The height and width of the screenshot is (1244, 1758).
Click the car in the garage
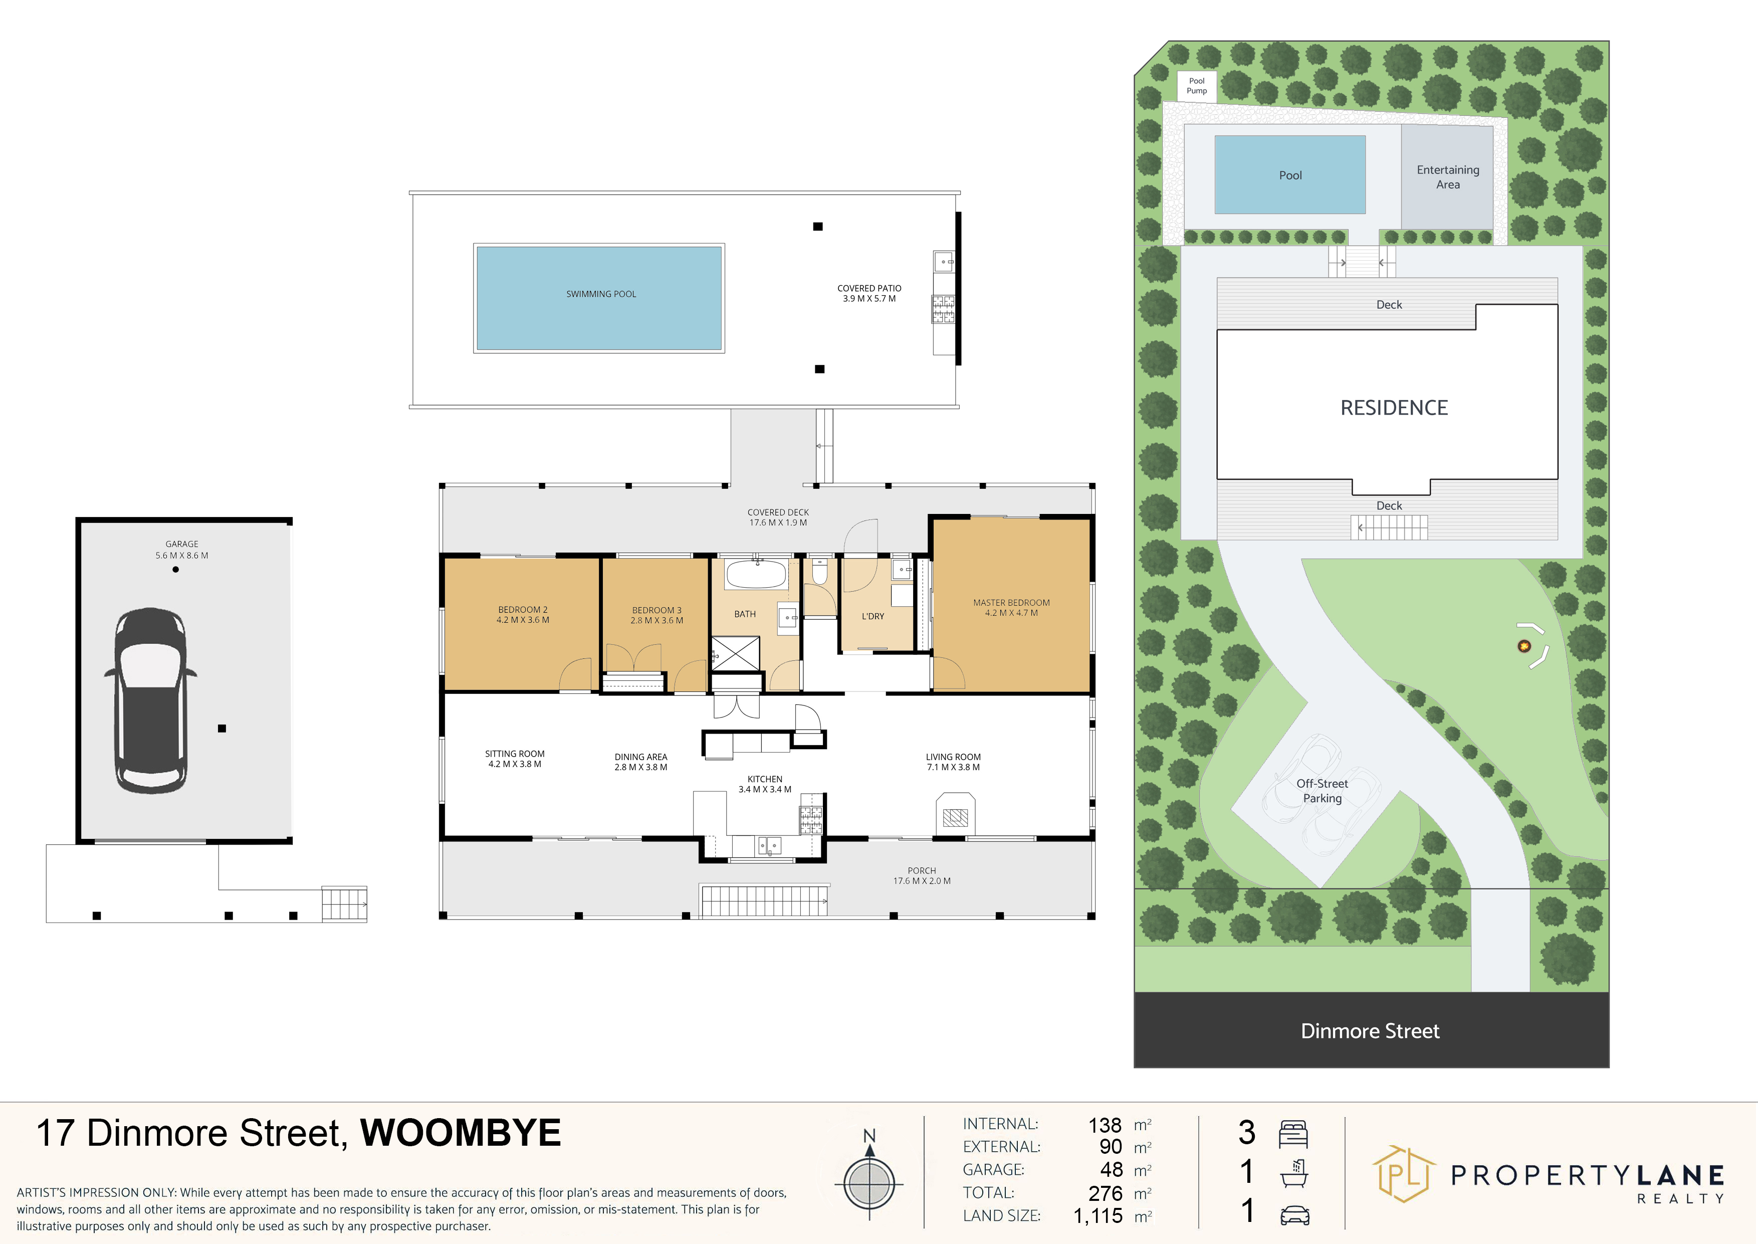click(150, 700)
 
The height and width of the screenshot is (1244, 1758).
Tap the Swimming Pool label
click(601, 294)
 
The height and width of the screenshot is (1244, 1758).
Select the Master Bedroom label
click(1011, 607)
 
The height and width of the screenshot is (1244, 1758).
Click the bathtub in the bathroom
click(757, 574)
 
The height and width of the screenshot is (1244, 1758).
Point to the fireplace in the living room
click(955, 813)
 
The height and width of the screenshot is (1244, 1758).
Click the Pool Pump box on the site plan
click(1197, 86)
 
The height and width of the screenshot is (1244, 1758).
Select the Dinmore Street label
click(1370, 1031)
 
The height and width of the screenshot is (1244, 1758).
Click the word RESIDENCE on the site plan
click(1394, 408)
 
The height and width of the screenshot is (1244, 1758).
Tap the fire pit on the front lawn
click(1524, 646)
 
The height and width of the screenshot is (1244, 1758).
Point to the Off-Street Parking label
click(1323, 791)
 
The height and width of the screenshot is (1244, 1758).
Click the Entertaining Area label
click(1448, 177)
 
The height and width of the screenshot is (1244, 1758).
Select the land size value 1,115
click(1098, 1215)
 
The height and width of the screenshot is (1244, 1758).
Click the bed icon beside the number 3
click(1293, 1134)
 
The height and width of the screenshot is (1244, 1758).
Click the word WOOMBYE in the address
click(461, 1133)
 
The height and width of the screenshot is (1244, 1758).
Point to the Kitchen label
click(765, 784)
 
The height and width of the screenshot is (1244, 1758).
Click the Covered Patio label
click(869, 293)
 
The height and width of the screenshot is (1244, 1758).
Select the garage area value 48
click(1111, 1170)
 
